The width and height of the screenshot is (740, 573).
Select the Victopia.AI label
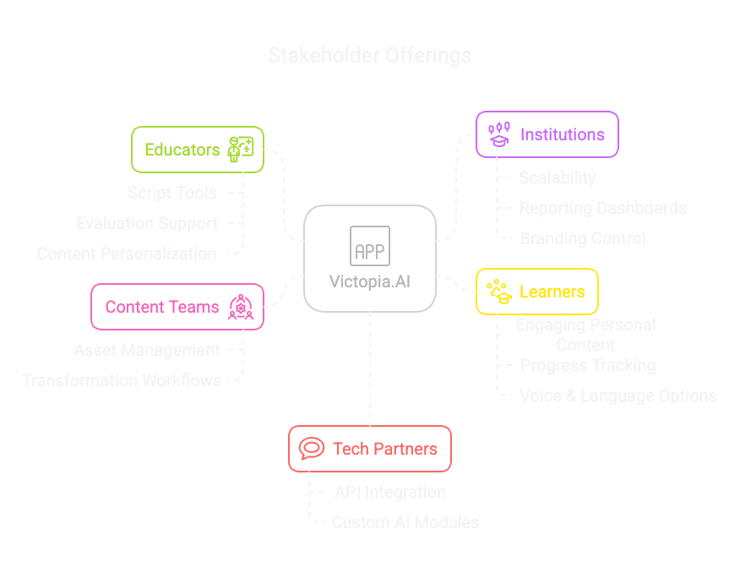pyautogui.click(x=370, y=281)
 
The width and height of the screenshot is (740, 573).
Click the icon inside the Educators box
pyautogui.click(x=241, y=149)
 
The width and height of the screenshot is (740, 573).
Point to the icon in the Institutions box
pyautogui.click(x=499, y=134)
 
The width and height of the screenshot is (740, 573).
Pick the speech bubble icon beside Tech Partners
pyautogui.click(x=312, y=449)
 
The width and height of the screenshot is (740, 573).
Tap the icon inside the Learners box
pyautogui.click(x=498, y=292)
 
